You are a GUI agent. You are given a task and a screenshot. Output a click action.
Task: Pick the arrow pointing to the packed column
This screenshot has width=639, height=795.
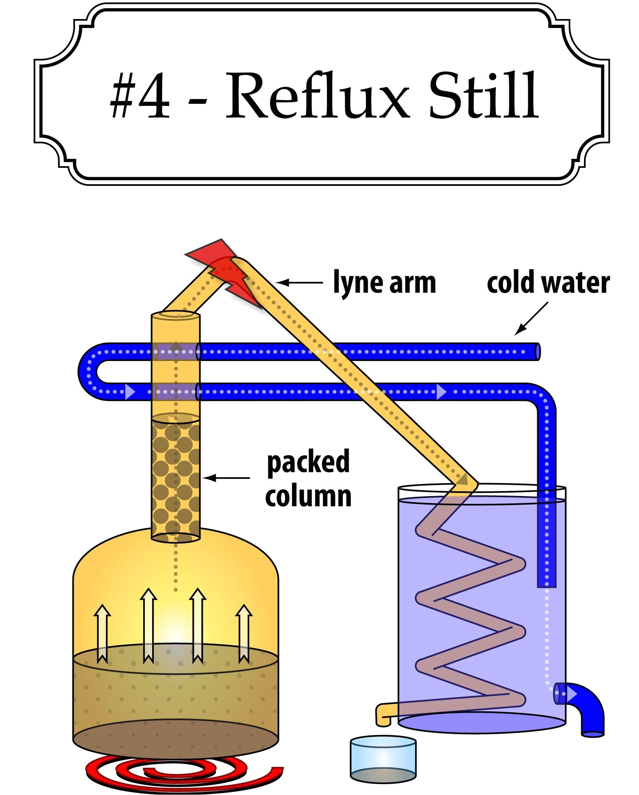[226, 477]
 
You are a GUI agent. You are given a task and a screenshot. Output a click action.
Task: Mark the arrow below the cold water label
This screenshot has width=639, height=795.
[531, 319]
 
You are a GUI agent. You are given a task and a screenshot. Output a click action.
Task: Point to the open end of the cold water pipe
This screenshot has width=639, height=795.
[537, 351]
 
